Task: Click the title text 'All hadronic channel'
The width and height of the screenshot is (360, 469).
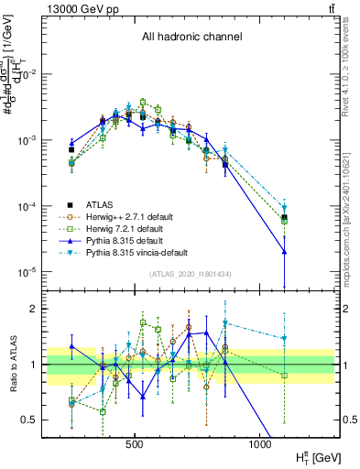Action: (191, 37)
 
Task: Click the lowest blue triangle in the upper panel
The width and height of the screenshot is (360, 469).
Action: (285, 251)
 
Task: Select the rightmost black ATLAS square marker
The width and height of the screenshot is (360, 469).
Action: (285, 217)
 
